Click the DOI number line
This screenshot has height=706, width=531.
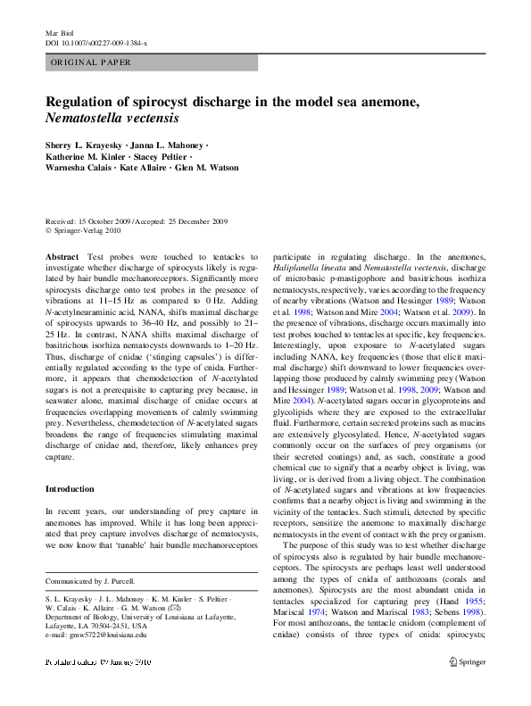(95, 43)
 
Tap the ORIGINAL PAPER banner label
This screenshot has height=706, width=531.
(90, 62)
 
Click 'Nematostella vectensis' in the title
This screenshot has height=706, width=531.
(112, 118)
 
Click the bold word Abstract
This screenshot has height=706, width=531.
(62, 256)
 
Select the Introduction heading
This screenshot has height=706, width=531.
(70, 489)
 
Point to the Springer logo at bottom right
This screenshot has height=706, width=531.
(468, 689)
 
